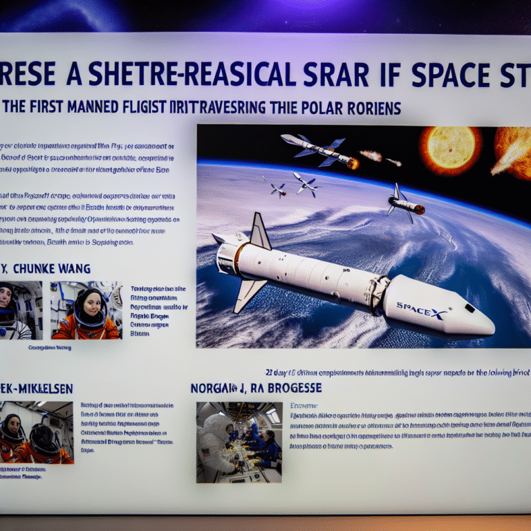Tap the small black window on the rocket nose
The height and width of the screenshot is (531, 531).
tap(469, 307)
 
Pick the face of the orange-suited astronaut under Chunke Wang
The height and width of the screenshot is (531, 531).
tap(90, 304)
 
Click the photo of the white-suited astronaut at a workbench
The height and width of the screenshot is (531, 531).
tap(239, 442)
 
